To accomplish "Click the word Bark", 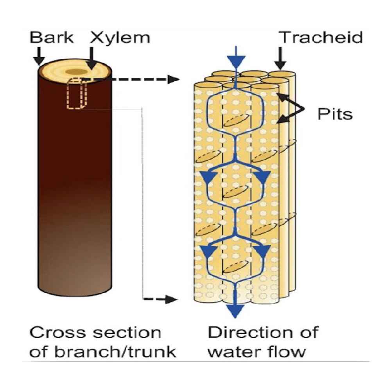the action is pyautogui.click(x=52, y=38).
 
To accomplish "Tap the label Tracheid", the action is pyautogui.click(x=322, y=38).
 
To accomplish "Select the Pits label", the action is pyautogui.click(x=335, y=114).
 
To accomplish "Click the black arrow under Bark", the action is pyautogui.click(x=39, y=57).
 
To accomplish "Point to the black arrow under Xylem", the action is pyautogui.click(x=92, y=58).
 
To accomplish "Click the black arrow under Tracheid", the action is pyautogui.click(x=280, y=59).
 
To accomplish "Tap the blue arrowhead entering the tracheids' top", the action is pyautogui.click(x=236, y=62).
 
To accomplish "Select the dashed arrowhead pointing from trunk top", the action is pyautogui.click(x=174, y=79).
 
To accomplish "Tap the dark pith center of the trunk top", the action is pyautogui.click(x=76, y=72).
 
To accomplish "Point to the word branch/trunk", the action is pyautogui.click(x=115, y=352).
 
